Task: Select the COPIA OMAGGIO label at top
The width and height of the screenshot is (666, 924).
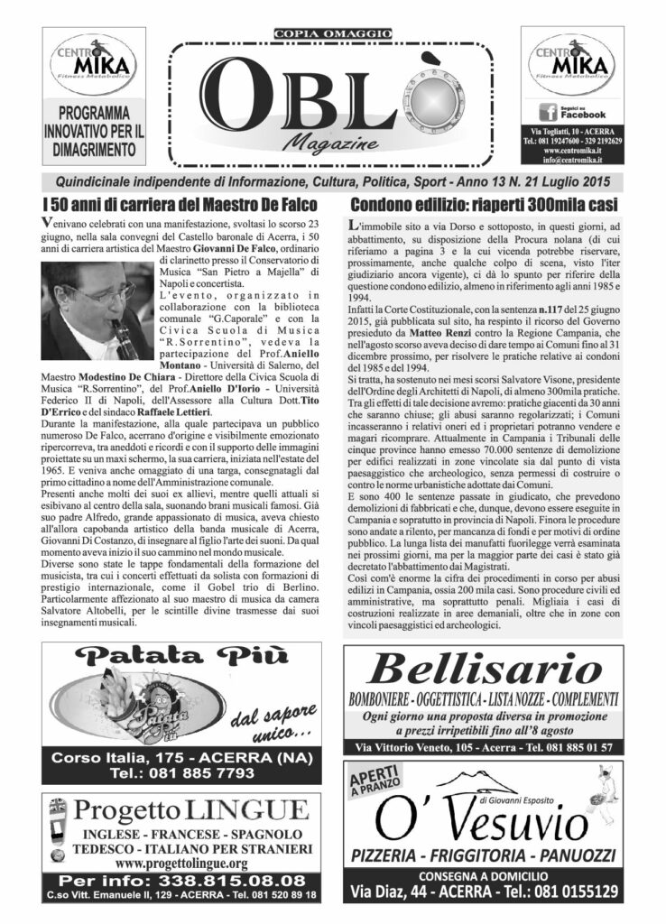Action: pos(332,34)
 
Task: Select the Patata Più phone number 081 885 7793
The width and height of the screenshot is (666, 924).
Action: pos(180,773)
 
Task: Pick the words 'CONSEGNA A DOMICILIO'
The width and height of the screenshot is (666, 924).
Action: pos(483,875)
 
